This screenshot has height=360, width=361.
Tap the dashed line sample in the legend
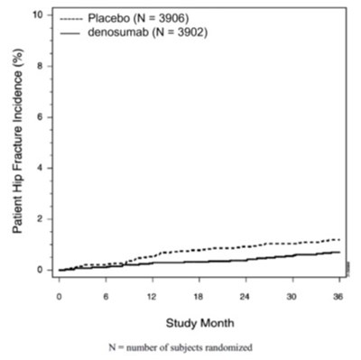pyautogui.click(x=71, y=18)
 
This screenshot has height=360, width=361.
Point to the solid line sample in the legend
pyautogui.click(x=71, y=32)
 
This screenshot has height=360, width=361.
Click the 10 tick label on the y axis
pyautogui.click(x=35, y=14)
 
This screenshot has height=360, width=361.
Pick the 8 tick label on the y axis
pyautogui.click(x=38, y=66)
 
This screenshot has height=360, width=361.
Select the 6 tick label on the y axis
pyautogui.click(x=38, y=116)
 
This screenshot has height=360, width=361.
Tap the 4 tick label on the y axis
pyautogui.click(x=38, y=168)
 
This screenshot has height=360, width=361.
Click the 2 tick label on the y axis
pyautogui.click(x=38, y=218)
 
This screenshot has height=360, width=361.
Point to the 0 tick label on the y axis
pyautogui.click(x=38, y=270)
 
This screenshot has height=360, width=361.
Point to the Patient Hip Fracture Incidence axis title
pyautogui.click(x=17, y=144)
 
